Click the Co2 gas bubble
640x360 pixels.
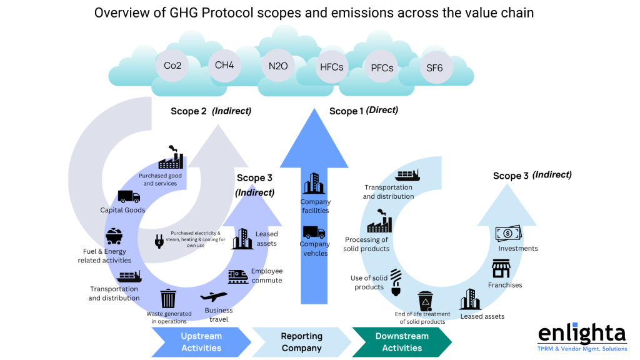pyautogui.click(x=172, y=65)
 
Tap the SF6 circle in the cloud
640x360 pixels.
pyautogui.click(x=434, y=68)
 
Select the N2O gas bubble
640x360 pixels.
pyautogui.click(x=277, y=65)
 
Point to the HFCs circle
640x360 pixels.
pyautogui.click(x=331, y=67)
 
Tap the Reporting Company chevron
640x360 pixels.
pyautogui.click(x=301, y=342)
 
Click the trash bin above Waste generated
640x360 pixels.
pyautogui.click(x=168, y=298)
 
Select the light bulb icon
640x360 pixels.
pyautogui.click(x=396, y=282)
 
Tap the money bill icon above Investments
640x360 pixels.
pyautogui.click(x=509, y=234)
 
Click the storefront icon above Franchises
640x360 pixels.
pyautogui.click(x=501, y=269)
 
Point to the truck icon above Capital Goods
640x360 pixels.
pyautogui.click(x=129, y=197)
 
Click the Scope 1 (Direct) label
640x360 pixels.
pyautogui.click(x=363, y=111)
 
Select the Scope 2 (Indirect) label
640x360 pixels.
pyautogui.click(x=211, y=111)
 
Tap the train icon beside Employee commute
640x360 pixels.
pyautogui.click(x=237, y=275)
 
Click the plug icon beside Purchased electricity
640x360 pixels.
pyautogui.click(x=159, y=241)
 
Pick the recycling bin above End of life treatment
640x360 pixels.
pyautogui.click(x=425, y=301)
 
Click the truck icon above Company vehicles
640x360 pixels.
pyautogui.click(x=314, y=232)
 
